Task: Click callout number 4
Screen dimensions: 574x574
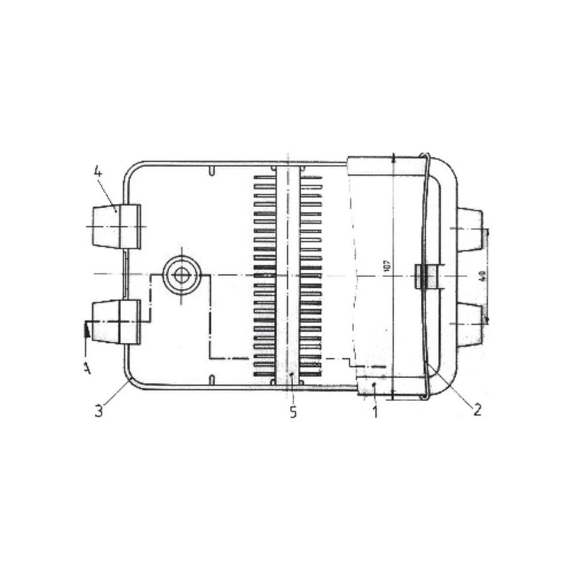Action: pyautogui.click(x=98, y=171)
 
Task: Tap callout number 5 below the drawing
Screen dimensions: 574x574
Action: pyautogui.click(x=293, y=412)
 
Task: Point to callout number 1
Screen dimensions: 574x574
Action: pyautogui.click(x=375, y=412)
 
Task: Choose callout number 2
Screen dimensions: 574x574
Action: pyautogui.click(x=476, y=409)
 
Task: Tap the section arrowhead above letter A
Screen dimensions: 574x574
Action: pyautogui.click(x=86, y=329)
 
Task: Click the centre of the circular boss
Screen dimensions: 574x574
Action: pyautogui.click(x=181, y=275)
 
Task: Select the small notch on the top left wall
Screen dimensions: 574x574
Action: pyautogui.click(x=212, y=171)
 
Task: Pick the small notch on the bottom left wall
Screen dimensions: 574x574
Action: pyautogui.click(x=212, y=380)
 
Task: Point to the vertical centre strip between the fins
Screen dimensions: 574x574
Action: pyautogui.click(x=288, y=276)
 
